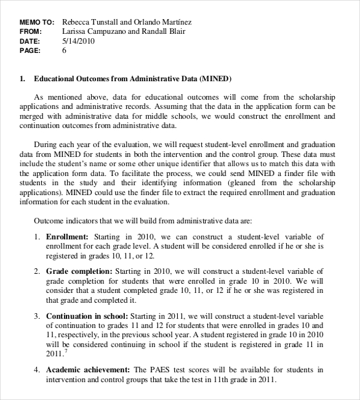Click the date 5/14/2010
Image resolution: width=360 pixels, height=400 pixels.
(x=78, y=41)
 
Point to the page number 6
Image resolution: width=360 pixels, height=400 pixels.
(x=64, y=51)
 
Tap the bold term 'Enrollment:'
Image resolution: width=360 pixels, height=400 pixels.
(x=67, y=237)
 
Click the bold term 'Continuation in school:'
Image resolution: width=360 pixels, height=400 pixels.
(x=86, y=316)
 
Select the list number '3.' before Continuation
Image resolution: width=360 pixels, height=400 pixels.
(x=37, y=316)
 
